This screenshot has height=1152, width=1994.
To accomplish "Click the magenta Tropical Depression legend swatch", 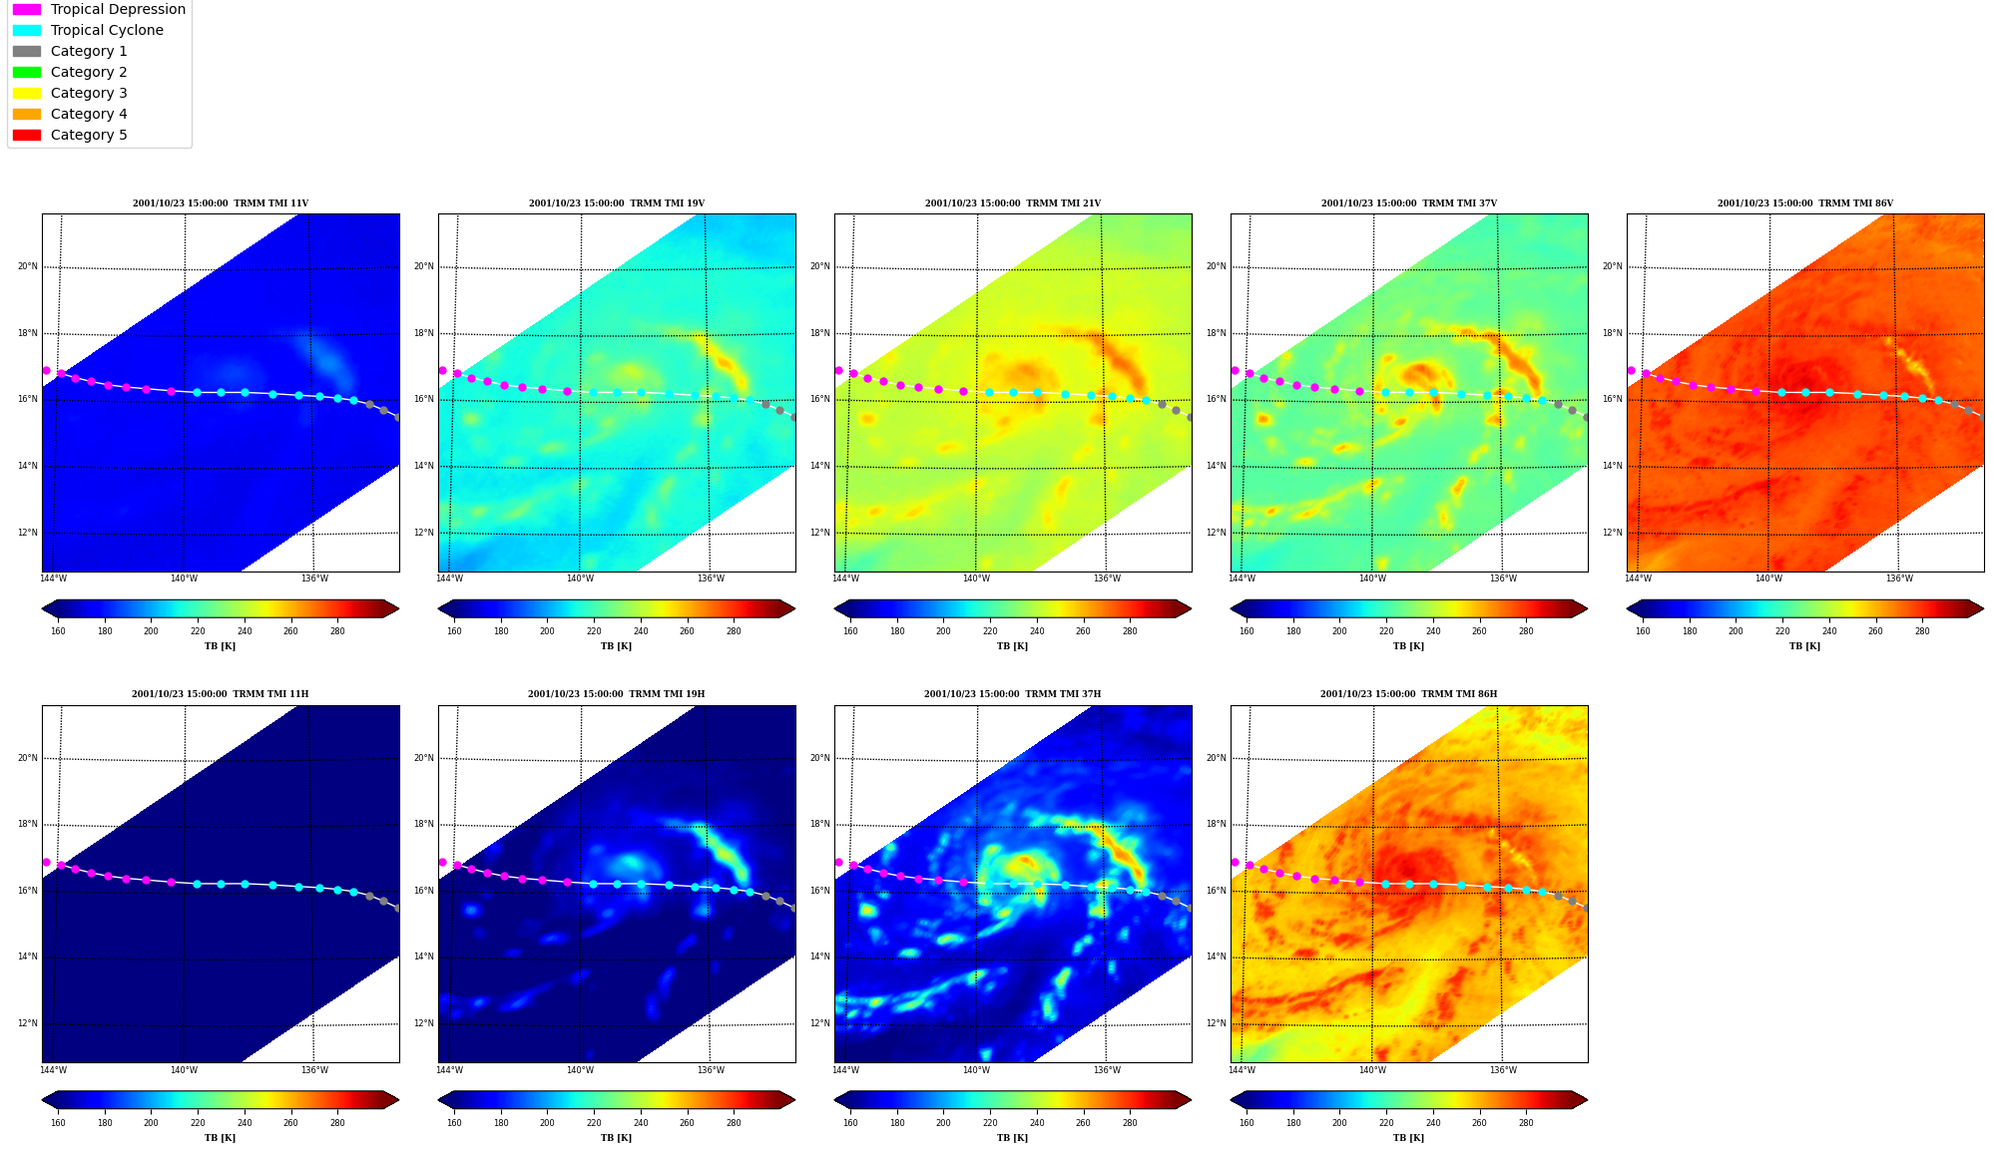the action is [27, 9].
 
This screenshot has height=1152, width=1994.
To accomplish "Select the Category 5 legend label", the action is [89, 135].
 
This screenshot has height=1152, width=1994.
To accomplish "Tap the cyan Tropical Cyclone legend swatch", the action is [27, 30].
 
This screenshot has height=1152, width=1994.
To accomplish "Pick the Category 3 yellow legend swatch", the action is [27, 93].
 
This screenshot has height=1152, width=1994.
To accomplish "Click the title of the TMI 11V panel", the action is [221, 203].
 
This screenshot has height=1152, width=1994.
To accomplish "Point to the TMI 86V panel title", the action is [1804, 203].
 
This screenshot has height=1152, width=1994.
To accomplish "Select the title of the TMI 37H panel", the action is [1012, 694].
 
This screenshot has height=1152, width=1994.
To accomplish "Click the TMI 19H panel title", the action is [616, 694].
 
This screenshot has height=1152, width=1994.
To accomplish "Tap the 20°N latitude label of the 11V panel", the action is [27, 266].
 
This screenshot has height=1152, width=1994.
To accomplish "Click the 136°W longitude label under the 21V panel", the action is [1107, 578].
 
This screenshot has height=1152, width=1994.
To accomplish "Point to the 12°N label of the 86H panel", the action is [1216, 1023].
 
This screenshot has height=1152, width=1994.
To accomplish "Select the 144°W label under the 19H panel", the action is [449, 1070].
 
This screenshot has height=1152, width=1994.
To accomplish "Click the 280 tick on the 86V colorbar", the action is [1922, 631].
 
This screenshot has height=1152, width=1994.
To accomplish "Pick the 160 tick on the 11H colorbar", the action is [58, 1123].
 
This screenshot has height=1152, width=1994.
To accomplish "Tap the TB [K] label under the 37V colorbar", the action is [1408, 646].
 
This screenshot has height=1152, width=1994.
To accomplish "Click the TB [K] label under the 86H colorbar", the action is [1408, 1138].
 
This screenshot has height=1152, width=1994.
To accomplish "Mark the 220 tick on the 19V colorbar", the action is [594, 631].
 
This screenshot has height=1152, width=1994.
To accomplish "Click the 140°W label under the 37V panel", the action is [1372, 578].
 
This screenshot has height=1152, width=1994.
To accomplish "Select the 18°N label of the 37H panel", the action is [819, 824].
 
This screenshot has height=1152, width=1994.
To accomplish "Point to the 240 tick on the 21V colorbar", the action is [1037, 631].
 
